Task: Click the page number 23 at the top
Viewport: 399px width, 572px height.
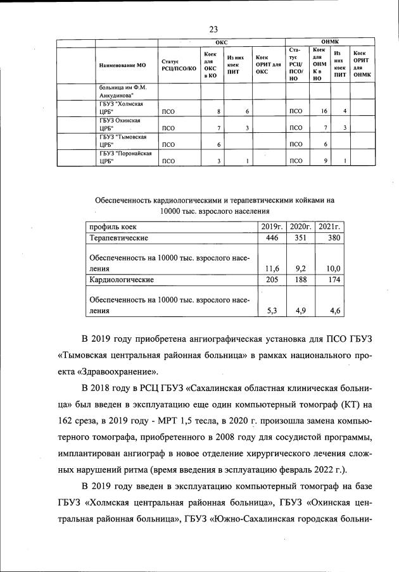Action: (x=213, y=29)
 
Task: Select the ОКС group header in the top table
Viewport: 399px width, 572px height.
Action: (x=222, y=42)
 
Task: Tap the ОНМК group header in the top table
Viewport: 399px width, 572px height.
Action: (x=330, y=42)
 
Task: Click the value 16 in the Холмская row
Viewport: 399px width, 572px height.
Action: (x=324, y=111)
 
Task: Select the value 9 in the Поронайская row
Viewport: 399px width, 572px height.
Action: (x=325, y=161)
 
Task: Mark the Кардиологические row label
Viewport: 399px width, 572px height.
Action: (x=122, y=278)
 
